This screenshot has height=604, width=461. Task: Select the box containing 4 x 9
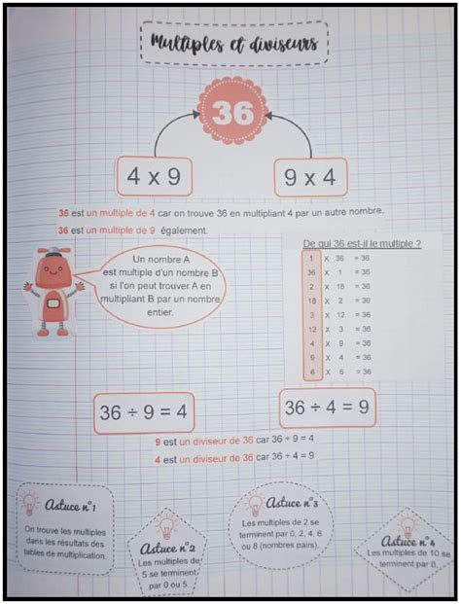pos(154,178)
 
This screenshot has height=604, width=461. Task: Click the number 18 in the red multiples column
pos(308,302)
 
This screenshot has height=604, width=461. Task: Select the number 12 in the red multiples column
pos(308,329)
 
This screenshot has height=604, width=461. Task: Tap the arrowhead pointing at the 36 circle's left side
pos(201,116)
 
